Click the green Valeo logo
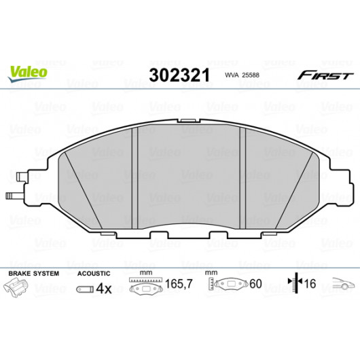click(28, 73)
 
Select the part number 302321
click(179, 75)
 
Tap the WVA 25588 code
click(242, 75)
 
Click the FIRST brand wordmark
click(325, 75)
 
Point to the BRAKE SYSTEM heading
click(34, 274)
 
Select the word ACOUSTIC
click(94, 274)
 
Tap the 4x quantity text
click(104, 289)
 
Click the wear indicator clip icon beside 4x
click(85, 289)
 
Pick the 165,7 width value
click(179, 284)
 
